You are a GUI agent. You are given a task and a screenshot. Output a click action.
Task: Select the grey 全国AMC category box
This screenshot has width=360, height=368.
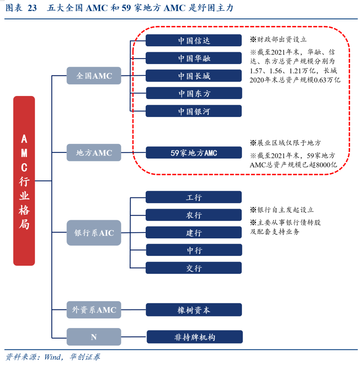pyautogui.click(x=94, y=76)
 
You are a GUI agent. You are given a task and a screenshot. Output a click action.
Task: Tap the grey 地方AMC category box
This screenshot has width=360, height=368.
pyautogui.click(x=94, y=153)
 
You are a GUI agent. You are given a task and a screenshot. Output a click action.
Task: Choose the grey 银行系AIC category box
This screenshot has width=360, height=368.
pyautogui.click(x=94, y=233)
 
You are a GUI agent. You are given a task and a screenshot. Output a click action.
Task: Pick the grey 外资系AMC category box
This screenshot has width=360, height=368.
pyautogui.click(x=94, y=310)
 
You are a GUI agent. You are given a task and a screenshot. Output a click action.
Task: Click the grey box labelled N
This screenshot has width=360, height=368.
pyautogui.click(x=94, y=337)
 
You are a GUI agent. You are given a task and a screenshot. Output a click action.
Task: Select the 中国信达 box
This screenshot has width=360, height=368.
pyautogui.click(x=194, y=40)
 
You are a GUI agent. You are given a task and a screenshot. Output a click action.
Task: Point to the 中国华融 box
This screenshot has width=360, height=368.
pyautogui.click(x=194, y=58)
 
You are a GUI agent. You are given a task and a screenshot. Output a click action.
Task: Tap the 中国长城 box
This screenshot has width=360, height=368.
pyautogui.click(x=194, y=76)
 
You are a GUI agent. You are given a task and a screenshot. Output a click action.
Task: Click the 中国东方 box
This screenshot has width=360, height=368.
pyautogui.click(x=194, y=93)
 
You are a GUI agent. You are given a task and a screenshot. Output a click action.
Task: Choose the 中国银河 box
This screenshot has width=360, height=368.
pyautogui.click(x=194, y=111)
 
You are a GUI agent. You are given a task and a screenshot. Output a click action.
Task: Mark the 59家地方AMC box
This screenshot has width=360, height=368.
pyautogui.click(x=194, y=153)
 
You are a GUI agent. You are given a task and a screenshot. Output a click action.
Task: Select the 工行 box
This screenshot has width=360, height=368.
pyautogui.click(x=194, y=197)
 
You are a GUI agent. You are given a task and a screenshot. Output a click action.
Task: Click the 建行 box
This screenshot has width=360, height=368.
pyautogui.click(x=194, y=233)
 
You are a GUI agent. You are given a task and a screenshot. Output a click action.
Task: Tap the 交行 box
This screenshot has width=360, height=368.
pyautogui.click(x=194, y=268)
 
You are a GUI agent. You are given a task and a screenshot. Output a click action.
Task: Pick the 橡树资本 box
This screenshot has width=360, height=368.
pyautogui.click(x=194, y=310)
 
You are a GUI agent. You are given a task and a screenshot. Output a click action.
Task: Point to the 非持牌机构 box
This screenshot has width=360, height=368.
pyautogui.click(x=195, y=337)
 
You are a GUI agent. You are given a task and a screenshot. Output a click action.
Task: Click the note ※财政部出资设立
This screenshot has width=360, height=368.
pyautogui.click(x=278, y=39)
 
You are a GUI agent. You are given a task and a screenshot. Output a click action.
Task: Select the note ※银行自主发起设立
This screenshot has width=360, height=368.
pyautogui.click(x=282, y=210)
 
